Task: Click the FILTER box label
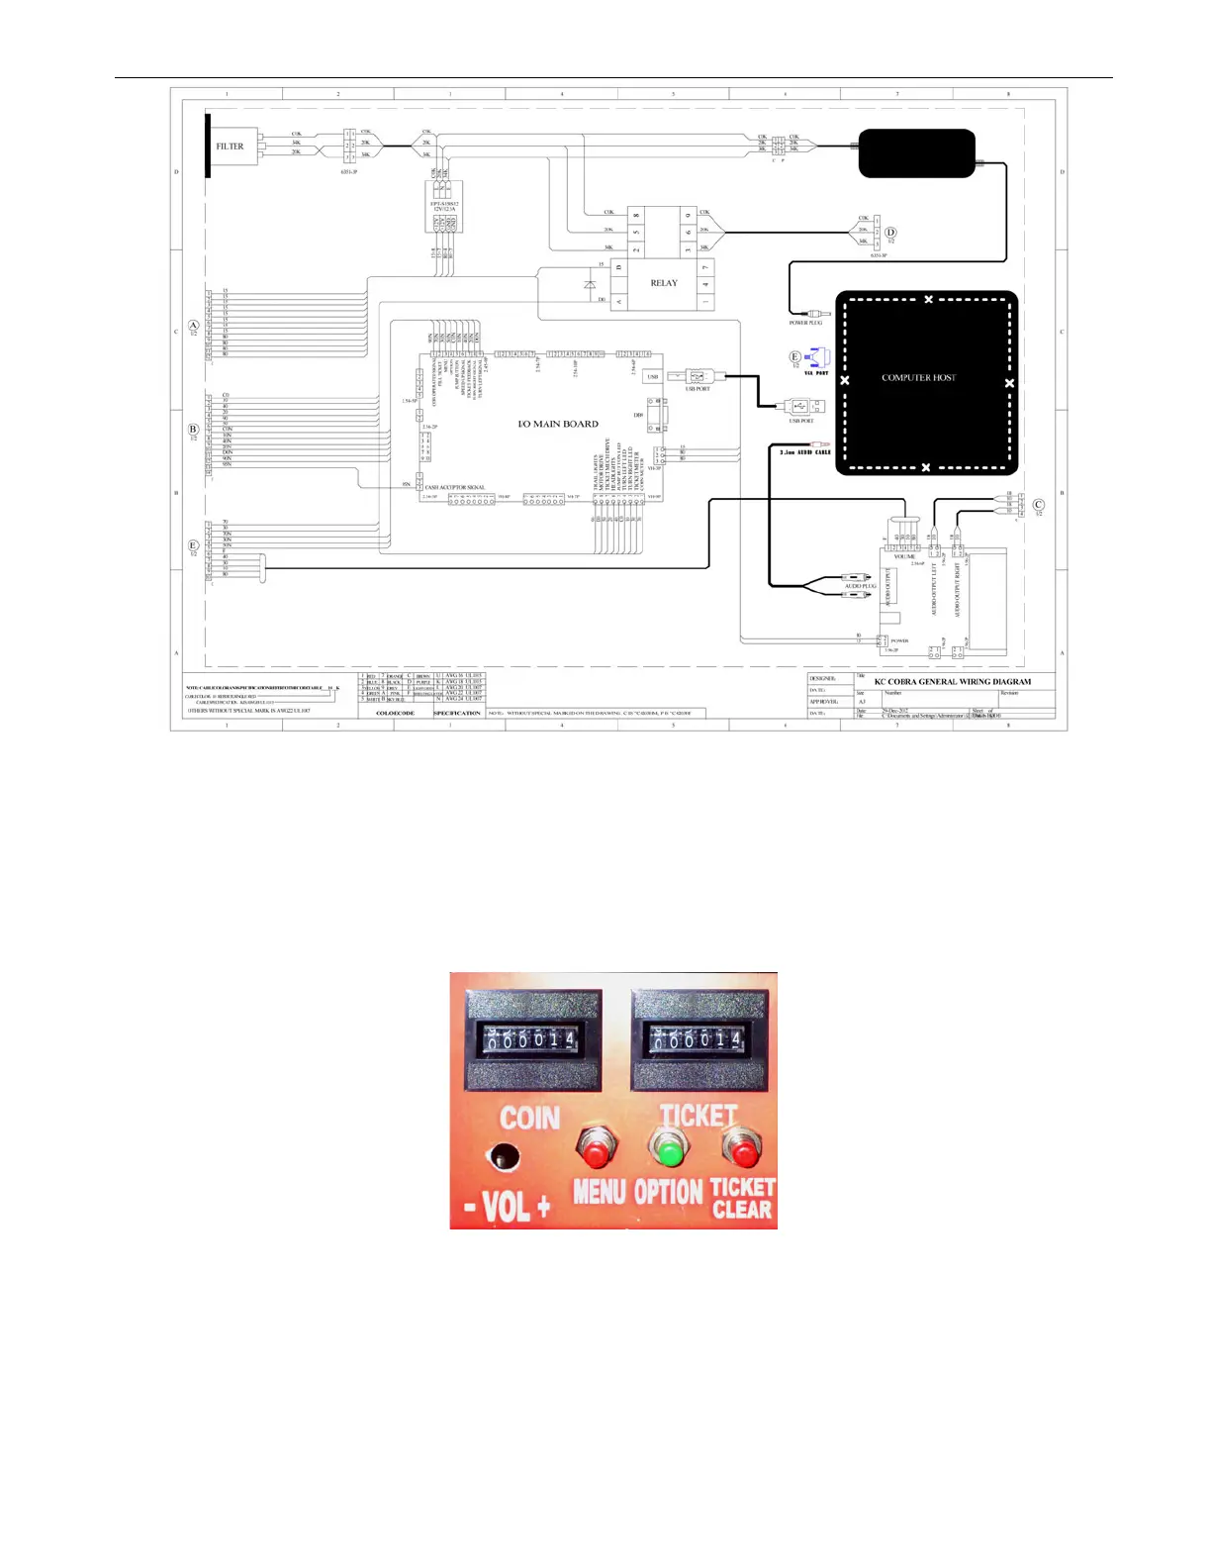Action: point(230,147)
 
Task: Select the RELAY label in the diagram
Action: point(664,283)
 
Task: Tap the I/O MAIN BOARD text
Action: point(558,424)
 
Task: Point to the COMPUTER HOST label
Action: point(918,377)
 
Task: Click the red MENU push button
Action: point(594,1150)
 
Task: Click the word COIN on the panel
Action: point(529,1118)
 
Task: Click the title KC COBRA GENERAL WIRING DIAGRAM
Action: point(952,681)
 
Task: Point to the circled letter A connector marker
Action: point(194,325)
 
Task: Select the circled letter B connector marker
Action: point(194,430)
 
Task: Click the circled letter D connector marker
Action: point(890,233)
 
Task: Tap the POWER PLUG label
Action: point(805,323)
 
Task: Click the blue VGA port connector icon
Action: point(818,357)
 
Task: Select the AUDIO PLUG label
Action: point(860,586)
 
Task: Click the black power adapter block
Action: point(916,153)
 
